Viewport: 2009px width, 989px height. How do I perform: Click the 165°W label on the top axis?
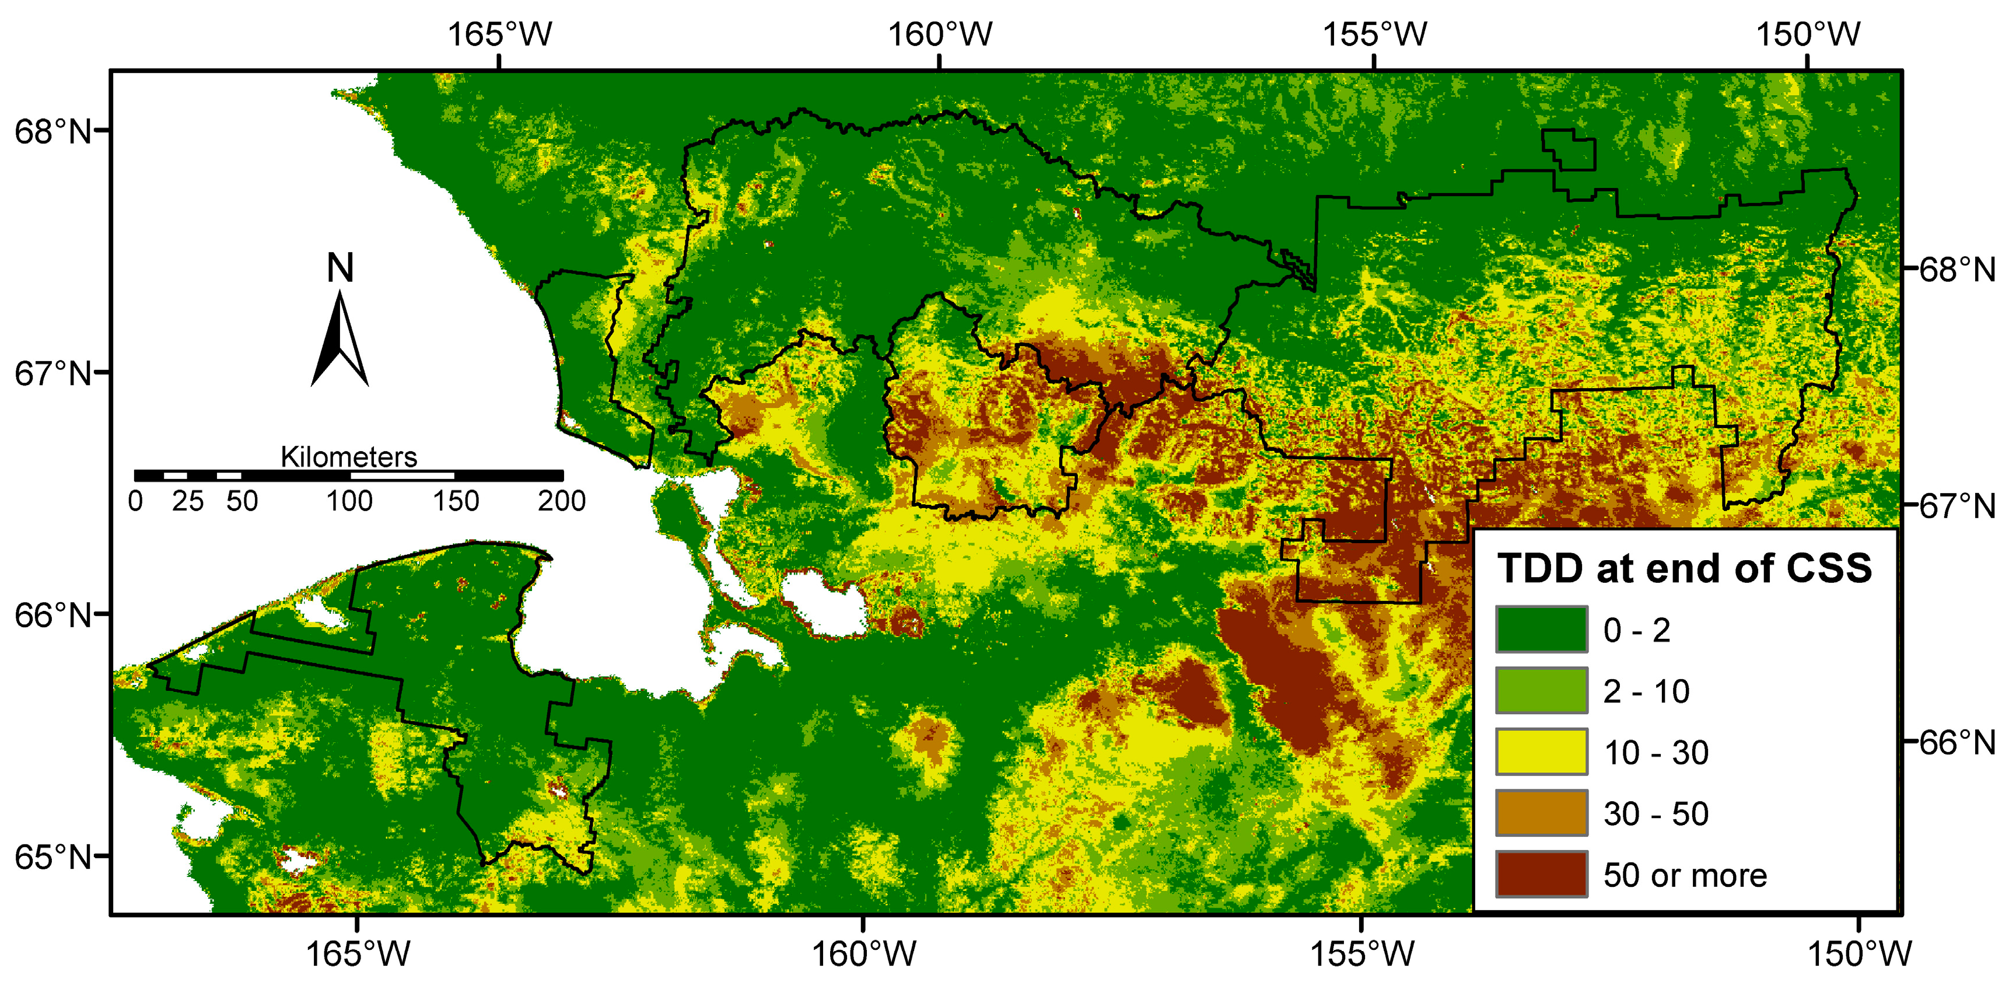[x=500, y=34]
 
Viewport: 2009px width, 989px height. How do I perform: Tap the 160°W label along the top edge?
[x=940, y=34]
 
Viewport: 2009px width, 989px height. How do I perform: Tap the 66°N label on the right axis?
[x=1957, y=743]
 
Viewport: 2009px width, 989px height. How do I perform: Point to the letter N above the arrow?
[x=340, y=268]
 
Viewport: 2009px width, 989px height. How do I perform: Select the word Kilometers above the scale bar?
[x=349, y=457]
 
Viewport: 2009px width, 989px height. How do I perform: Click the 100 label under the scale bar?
[x=349, y=501]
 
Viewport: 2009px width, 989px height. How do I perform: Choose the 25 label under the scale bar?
[x=188, y=501]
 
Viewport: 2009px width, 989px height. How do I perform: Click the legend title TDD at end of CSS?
[x=1683, y=568]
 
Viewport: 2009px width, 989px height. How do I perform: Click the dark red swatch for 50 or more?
[x=1541, y=874]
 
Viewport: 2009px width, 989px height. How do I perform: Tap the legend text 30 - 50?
[x=1655, y=813]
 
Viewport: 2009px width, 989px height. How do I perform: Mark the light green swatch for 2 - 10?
[x=1541, y=690]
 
